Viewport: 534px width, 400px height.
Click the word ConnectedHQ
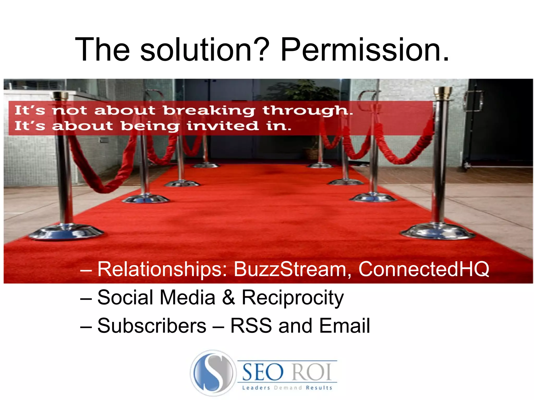(x=424, y=269)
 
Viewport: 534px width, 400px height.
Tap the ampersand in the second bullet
(x=228, y=298)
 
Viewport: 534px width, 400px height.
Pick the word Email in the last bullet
(x=344, y=326)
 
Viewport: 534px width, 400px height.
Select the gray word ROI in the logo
(x=312, y=372)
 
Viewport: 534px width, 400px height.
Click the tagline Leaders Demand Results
(x=287, y=388)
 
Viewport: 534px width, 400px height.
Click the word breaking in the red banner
(x=209, y=111)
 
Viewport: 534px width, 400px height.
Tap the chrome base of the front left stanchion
(x=66, y=232)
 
